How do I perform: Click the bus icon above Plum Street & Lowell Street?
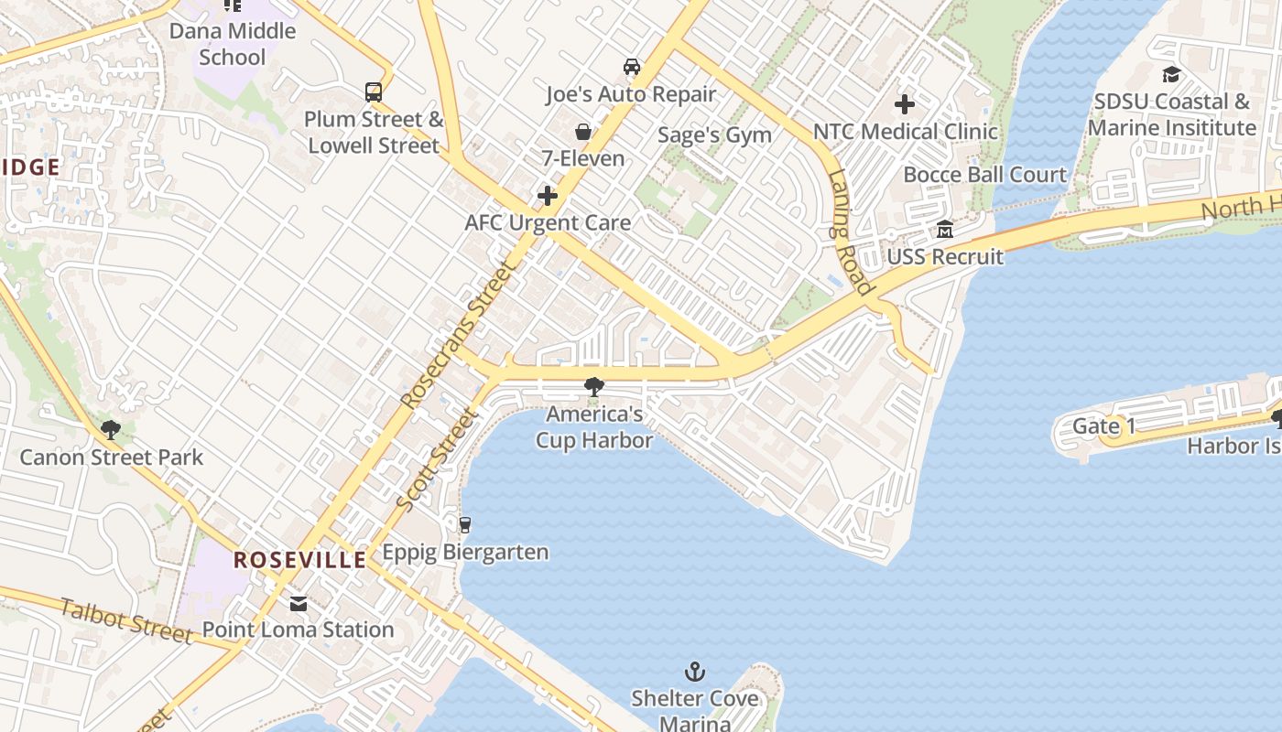[374, 91]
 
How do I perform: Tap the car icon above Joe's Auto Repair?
[631, 67]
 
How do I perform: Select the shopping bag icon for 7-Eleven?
[582, 132]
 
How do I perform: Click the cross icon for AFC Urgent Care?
[548, 196]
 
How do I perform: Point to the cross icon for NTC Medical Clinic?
[905, 104]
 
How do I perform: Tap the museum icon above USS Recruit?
[945, 229]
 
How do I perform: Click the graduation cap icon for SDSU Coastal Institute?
[1171, 75]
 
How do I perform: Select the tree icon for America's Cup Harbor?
[593, 387]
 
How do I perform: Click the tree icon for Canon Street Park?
[111, 429]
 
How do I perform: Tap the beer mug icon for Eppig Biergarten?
[465, 524]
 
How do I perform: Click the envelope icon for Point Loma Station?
[299, 603]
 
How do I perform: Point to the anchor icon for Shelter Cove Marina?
[695, 673]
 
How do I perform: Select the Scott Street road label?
[438, 460]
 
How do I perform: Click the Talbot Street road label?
[126, 619]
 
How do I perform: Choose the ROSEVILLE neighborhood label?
[299, 560]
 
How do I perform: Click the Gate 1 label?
[1103, 426]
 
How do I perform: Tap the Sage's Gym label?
[714, 135]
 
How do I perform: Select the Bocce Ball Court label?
[985, 175]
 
